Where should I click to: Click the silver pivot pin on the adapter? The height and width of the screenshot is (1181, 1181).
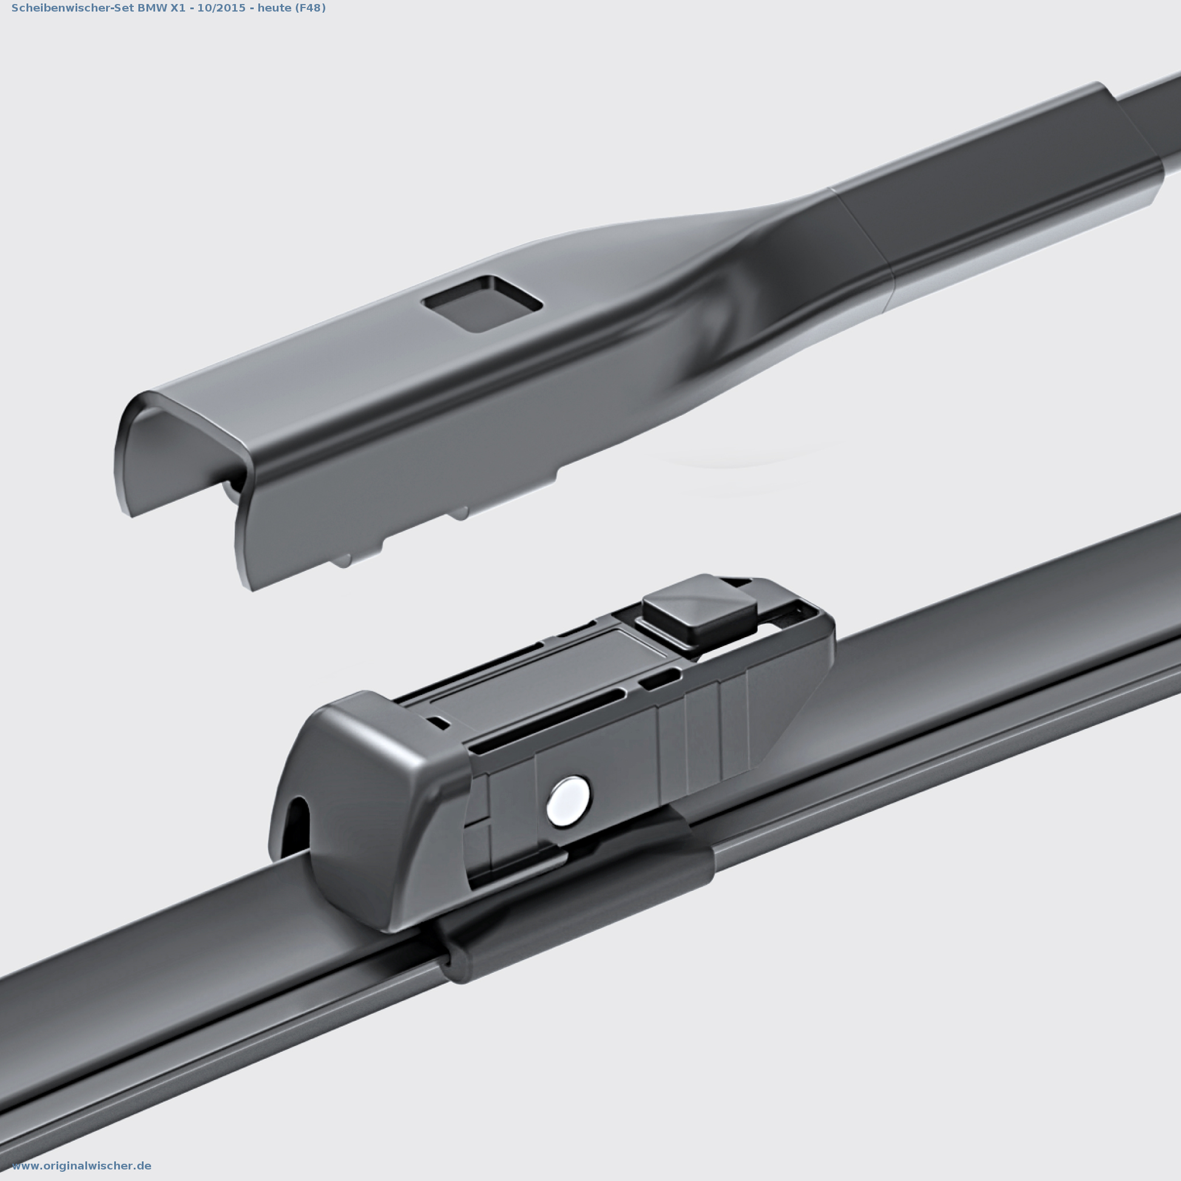(568, 801)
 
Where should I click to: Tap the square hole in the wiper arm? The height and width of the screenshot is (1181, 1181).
(482, 304)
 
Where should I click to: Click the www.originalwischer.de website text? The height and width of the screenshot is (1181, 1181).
(81, 1166)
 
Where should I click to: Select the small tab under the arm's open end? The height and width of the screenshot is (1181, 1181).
(342, 560)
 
